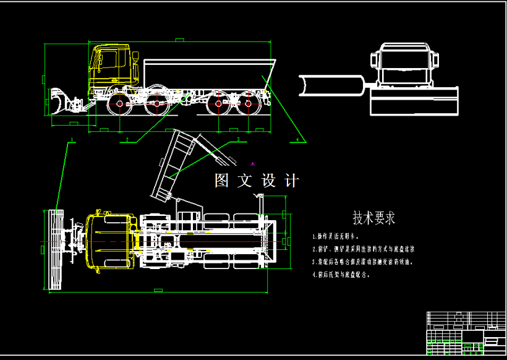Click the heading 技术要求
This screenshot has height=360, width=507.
373,218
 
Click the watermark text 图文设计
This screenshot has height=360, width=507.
256,181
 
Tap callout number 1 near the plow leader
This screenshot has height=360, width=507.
72,140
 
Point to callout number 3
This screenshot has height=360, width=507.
237,140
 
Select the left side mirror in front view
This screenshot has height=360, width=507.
373,61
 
